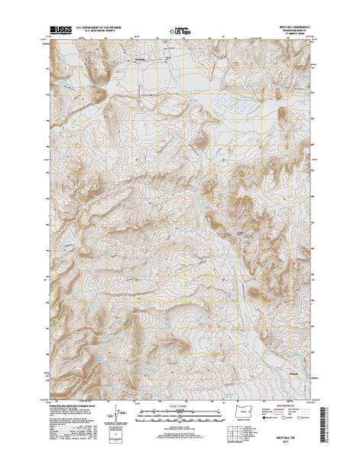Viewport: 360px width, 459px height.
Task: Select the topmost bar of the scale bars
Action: click(180, 413)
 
